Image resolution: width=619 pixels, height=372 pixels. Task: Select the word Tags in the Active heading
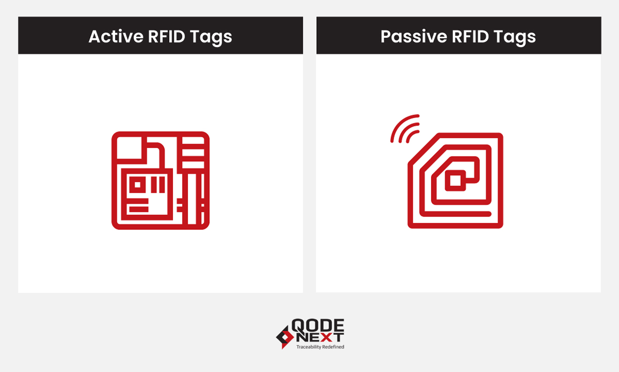pyautogui.click(x=213, y=36)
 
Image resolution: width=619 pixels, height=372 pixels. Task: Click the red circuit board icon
pyautogui.click(x=160, y=180)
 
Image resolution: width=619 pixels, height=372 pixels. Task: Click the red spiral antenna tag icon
pyautogui.click(x=455, y=181)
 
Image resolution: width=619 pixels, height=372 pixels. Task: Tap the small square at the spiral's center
pyautogui.click(x=455, y=180)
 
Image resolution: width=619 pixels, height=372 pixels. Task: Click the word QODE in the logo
pyautogui.click(x=318, y=326)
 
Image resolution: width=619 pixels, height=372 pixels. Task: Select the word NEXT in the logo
pyautogui.click(x=318, y=337)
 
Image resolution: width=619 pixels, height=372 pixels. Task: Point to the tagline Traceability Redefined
pyautogui.click(x=320, y=347)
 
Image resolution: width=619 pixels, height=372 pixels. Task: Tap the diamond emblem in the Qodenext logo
pyautogui.click(x=284, y=336)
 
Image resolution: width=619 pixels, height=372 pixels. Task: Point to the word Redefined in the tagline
pyautogui.click(x=333, y=347)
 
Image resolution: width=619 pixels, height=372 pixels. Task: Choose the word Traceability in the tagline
pyautogui.click(x=308, y=347)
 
